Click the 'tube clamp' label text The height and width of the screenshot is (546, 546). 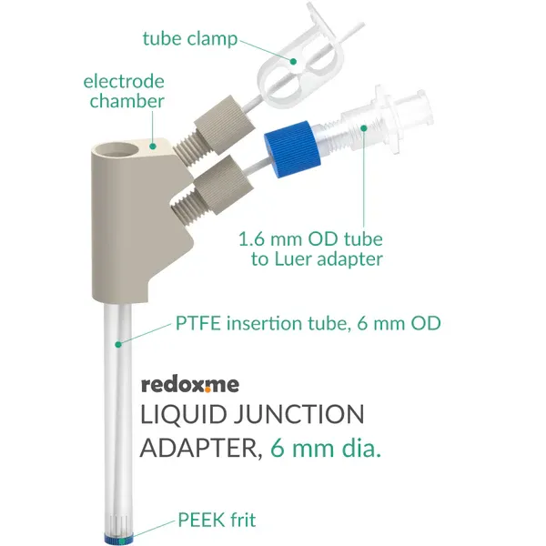[190, 39]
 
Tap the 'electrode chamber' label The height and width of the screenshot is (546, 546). [124, 92]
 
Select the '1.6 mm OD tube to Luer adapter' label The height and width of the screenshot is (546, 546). [310, 249]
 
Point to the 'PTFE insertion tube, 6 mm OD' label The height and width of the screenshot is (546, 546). [308, 323]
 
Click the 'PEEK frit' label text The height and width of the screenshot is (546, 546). [217, 521]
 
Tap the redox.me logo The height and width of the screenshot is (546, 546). [190, 385]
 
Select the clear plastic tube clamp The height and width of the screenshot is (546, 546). [299, 58]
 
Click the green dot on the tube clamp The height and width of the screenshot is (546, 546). [293, 62]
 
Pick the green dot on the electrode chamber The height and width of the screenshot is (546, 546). [153, 147]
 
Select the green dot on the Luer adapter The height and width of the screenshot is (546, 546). [364, 128]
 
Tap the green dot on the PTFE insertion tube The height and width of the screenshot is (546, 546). [118, 345]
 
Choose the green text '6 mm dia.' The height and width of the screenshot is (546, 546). [326, 448]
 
